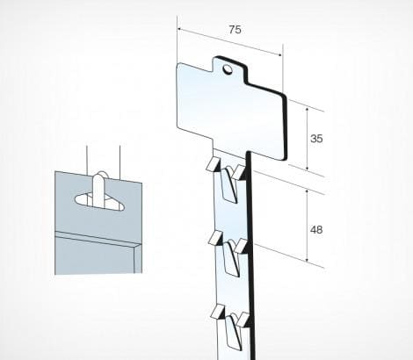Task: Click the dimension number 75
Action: (x=235, y=30)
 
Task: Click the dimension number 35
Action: (x=316, y=138)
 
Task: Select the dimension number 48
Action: (x=316, y=230)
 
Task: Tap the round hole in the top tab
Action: (x=227, y=69)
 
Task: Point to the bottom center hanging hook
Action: (x=233, y=331)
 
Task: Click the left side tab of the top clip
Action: (x=213, y=164)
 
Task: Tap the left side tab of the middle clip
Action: (x=215, y=238)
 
